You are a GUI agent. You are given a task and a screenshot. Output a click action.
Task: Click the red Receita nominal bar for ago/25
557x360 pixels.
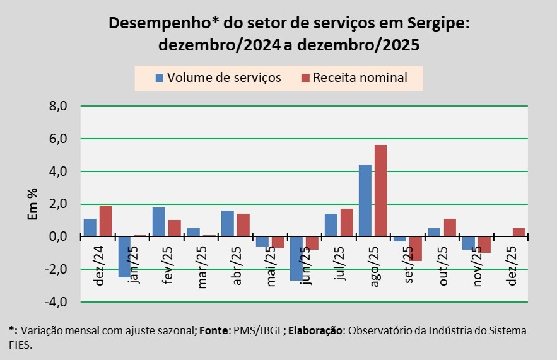coord(380,190)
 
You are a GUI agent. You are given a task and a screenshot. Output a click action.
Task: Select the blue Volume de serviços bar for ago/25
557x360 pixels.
coord(365,200)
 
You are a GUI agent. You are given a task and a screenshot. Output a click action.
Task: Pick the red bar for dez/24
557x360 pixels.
coord(105,221)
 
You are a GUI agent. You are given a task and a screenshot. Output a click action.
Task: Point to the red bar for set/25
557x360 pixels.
coord(415,248)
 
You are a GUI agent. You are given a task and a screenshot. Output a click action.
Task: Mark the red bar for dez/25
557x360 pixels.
coord(518,233)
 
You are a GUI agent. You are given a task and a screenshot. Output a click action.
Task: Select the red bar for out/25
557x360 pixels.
coord(449,228)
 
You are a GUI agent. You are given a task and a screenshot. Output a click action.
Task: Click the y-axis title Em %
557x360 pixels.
coord(33,204)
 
